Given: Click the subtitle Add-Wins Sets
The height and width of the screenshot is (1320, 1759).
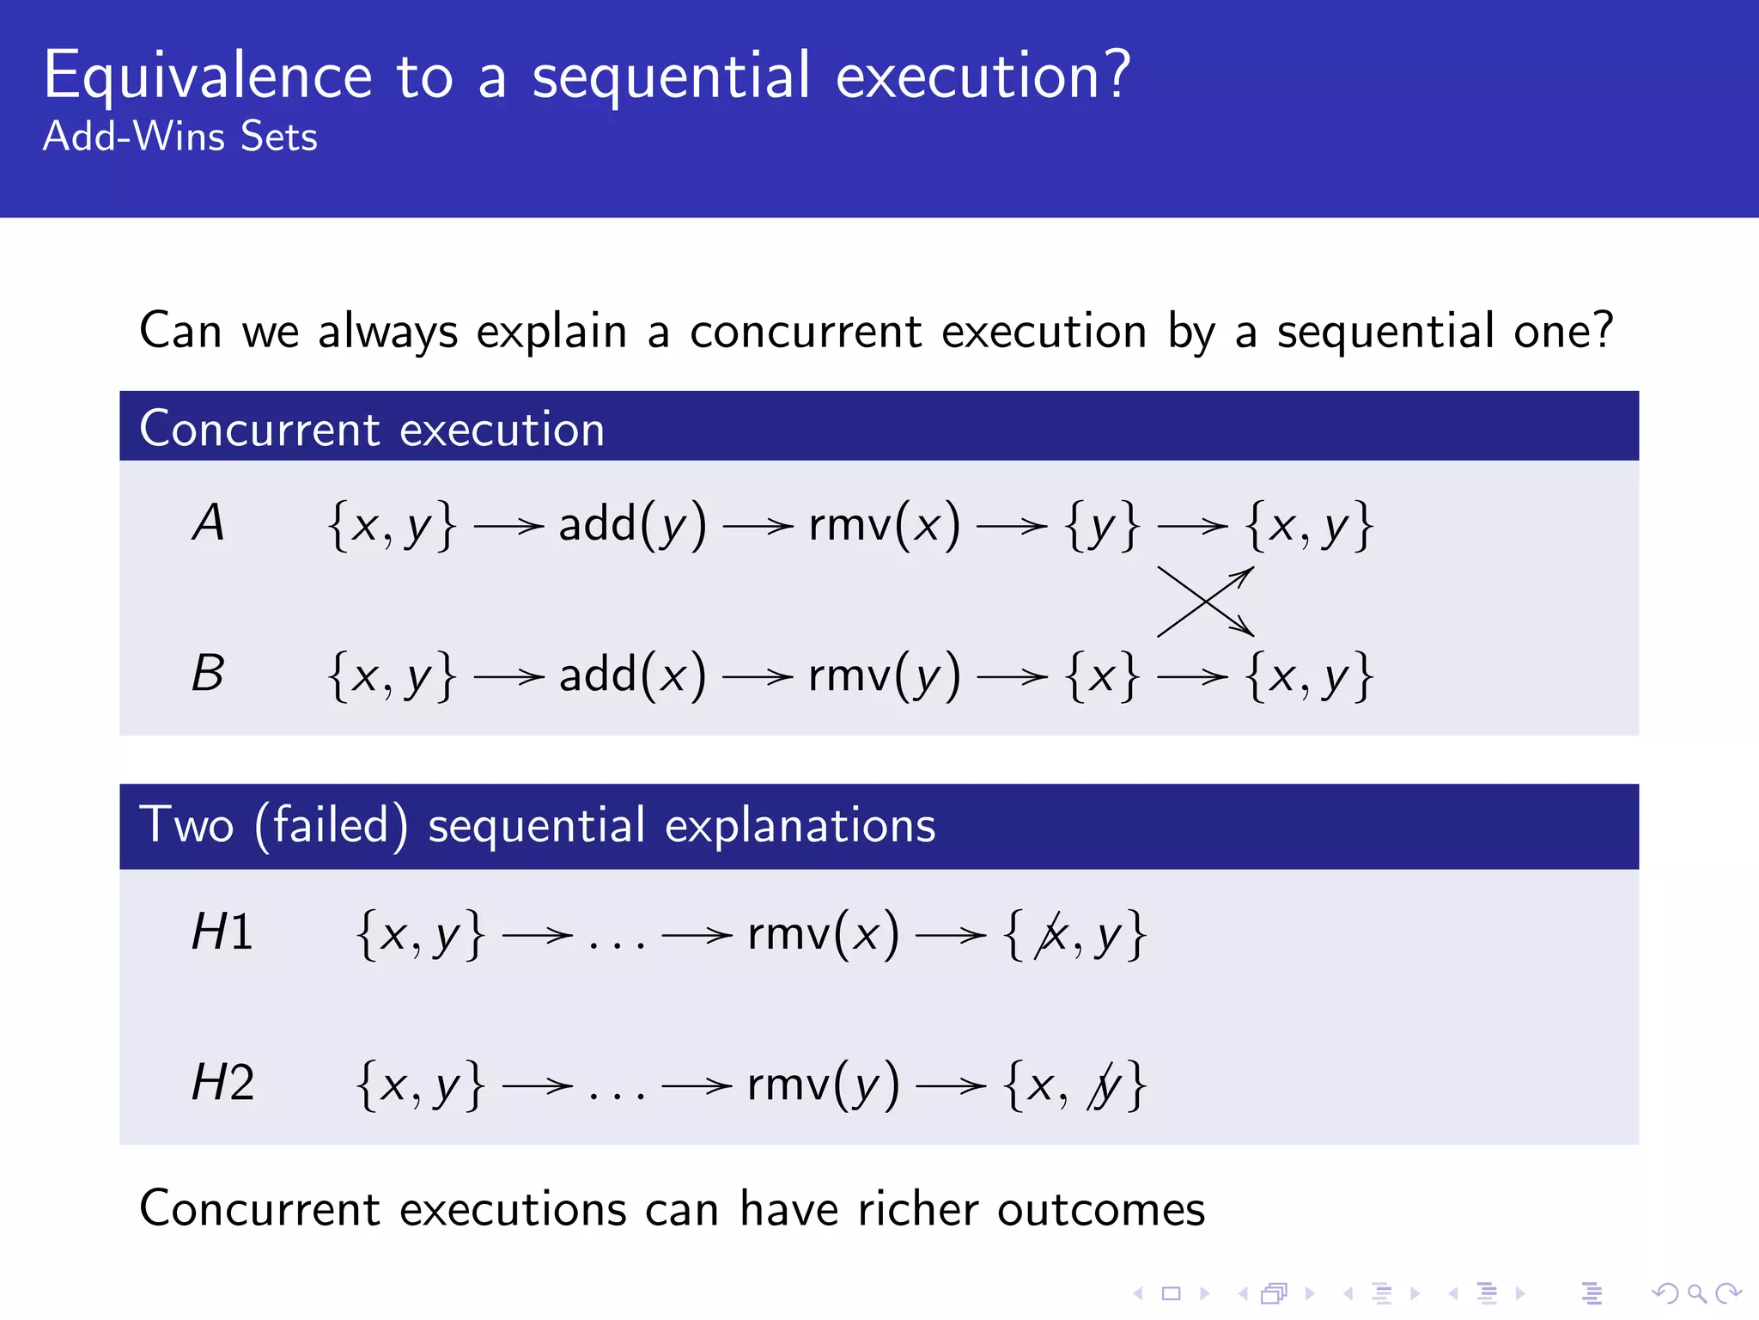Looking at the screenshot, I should tap(180, 137).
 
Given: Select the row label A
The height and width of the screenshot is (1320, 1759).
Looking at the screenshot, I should tap(209, 523).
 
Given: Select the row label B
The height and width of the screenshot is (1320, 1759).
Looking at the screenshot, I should tap(208, 674).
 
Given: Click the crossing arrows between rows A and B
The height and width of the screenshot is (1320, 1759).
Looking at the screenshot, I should tap(1206, 601).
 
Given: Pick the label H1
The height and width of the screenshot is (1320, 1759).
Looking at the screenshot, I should tap(222, 932).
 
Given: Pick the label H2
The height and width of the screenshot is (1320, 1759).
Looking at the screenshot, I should tap(222, 1083).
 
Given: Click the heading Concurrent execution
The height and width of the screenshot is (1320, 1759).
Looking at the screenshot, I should tap(372, 429).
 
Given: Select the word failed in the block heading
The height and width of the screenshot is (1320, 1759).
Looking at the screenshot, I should tap(331, 826).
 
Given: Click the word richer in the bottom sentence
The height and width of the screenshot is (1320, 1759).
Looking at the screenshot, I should tap(918, 1209).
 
